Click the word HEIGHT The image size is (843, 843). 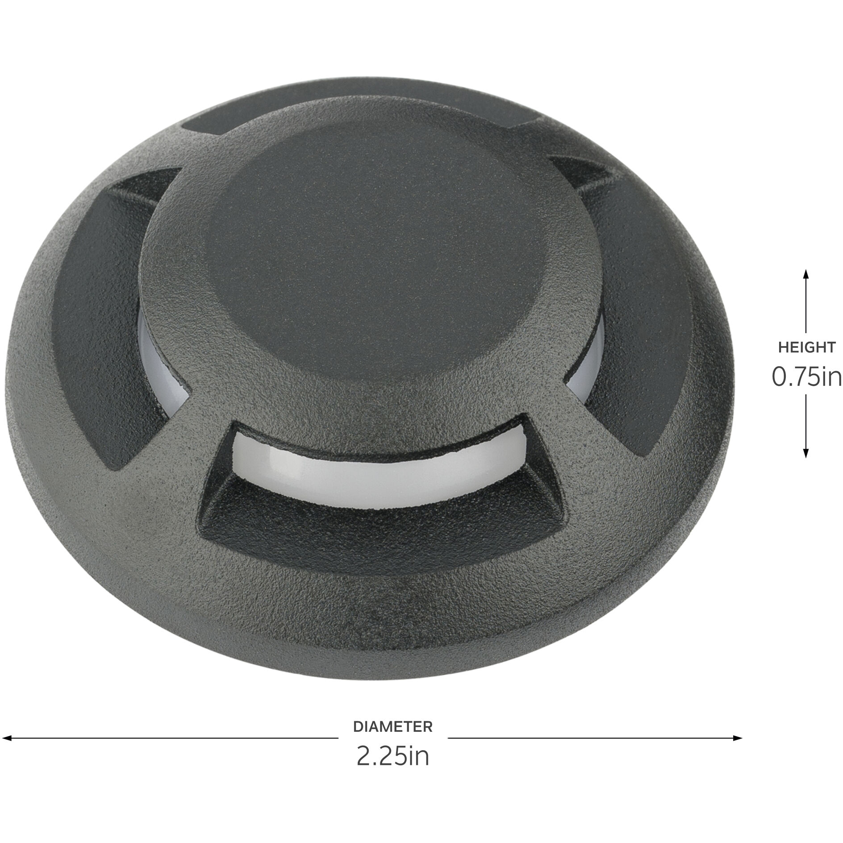[x=806, y=347]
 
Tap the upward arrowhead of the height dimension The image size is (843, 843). [x=806, y=273]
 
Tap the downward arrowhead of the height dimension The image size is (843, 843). [x=806, y=457]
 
